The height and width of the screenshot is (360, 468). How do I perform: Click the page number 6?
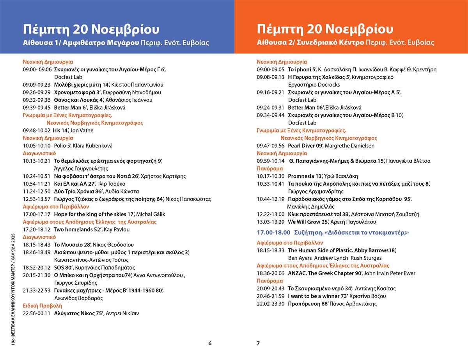click(x=210, y=344)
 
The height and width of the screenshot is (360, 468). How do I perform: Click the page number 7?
click(x=258, y=344)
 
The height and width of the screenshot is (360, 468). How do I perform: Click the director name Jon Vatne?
click(x=82, y=131)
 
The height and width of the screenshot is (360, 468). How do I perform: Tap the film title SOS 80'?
click(x=64, y=268)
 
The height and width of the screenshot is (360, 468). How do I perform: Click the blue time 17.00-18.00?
click(x=273, y=232)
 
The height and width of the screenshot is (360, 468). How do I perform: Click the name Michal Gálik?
click(x=152, y=214)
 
